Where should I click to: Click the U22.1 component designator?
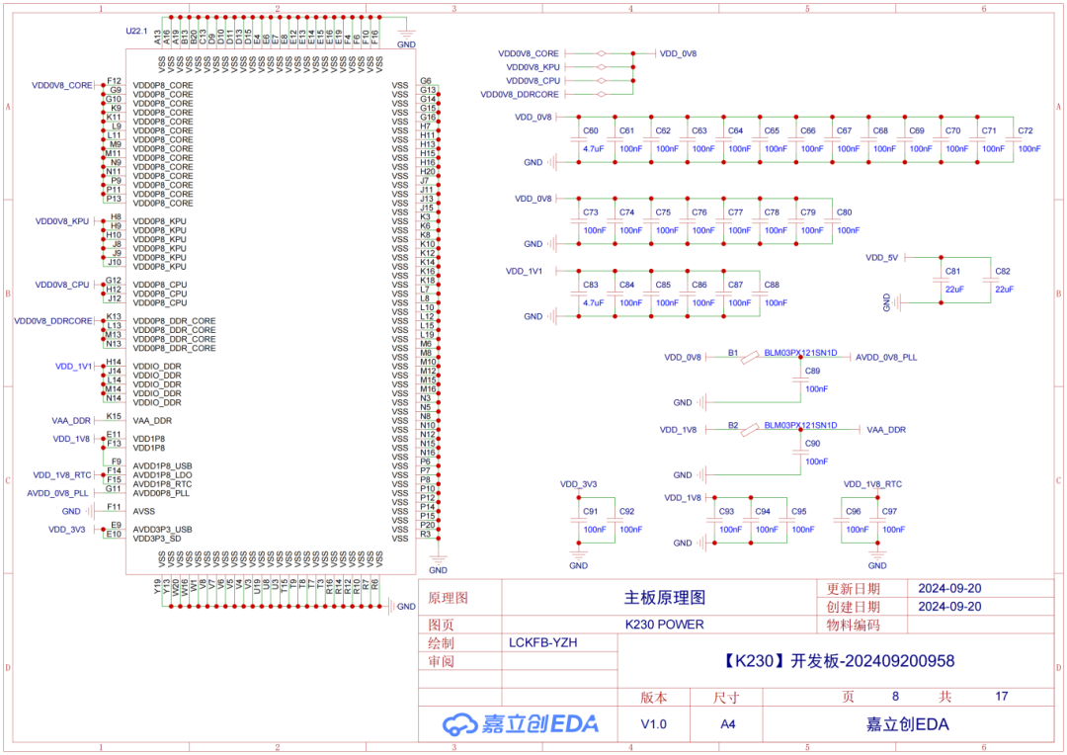(136, 32)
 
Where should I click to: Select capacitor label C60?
(591, 130)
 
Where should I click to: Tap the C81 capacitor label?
(952, 271)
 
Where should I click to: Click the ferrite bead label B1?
(733, 352)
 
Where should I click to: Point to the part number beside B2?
(800, 425)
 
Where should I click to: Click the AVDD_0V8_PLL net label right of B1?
(886, 358)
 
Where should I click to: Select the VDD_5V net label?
(882, 257)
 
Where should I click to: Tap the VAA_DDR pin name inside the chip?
(152, 420)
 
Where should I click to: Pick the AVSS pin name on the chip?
(143, 511)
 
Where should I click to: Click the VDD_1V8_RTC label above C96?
(872, 484)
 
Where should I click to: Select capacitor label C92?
(626, 511)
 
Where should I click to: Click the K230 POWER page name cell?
(664, 625)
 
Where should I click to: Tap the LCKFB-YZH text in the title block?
(542, 642)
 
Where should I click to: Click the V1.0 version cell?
(653, 724)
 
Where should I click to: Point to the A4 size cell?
(726, 724)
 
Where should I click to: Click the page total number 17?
(1002, 697)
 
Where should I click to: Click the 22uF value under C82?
(1004, 290)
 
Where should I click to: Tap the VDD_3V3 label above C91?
(578, 484)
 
